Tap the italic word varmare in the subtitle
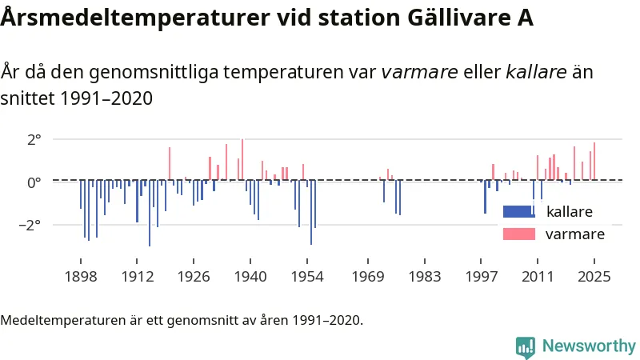pos(419,73)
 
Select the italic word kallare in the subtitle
pos(537,73)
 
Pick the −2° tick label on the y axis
pos(29,225)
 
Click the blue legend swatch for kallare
pos(518,212)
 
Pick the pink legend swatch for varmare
pos(518,234)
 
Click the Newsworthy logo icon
pos(526,346)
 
